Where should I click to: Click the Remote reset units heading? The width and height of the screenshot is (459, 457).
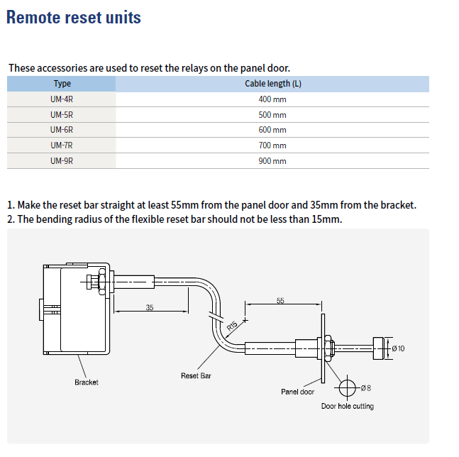(74, 17)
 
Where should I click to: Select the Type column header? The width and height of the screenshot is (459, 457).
(62, 84)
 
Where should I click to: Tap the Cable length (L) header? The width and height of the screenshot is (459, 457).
(272, 84)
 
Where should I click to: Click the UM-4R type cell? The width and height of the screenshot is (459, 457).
(62, 99)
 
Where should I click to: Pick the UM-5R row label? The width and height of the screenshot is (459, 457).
(62, 115)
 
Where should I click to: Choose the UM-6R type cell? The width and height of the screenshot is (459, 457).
(62, 130)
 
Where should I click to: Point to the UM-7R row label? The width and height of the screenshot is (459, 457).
(62, 145)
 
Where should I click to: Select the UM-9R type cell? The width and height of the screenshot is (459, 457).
(62, 161)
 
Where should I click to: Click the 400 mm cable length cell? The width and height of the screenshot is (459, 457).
(272, 99)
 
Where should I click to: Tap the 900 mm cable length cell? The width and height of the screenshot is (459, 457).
(272, 161)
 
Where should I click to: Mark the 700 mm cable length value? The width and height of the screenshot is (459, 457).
(272, 145)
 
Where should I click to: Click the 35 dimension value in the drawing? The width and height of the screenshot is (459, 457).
(150, 308)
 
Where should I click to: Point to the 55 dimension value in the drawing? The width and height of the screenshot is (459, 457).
(280, 301)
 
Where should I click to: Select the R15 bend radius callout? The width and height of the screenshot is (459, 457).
(231, 327)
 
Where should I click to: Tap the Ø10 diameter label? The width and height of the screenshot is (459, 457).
(398, 348)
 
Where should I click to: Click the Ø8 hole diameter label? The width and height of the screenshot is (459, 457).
(366, 387)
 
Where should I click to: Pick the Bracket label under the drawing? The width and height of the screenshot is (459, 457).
(87, 382)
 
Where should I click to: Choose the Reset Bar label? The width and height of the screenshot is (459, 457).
(196, 375)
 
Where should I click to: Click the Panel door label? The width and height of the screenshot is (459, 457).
(297, 392)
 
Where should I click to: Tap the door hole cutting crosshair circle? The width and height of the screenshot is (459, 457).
(347, 388)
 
